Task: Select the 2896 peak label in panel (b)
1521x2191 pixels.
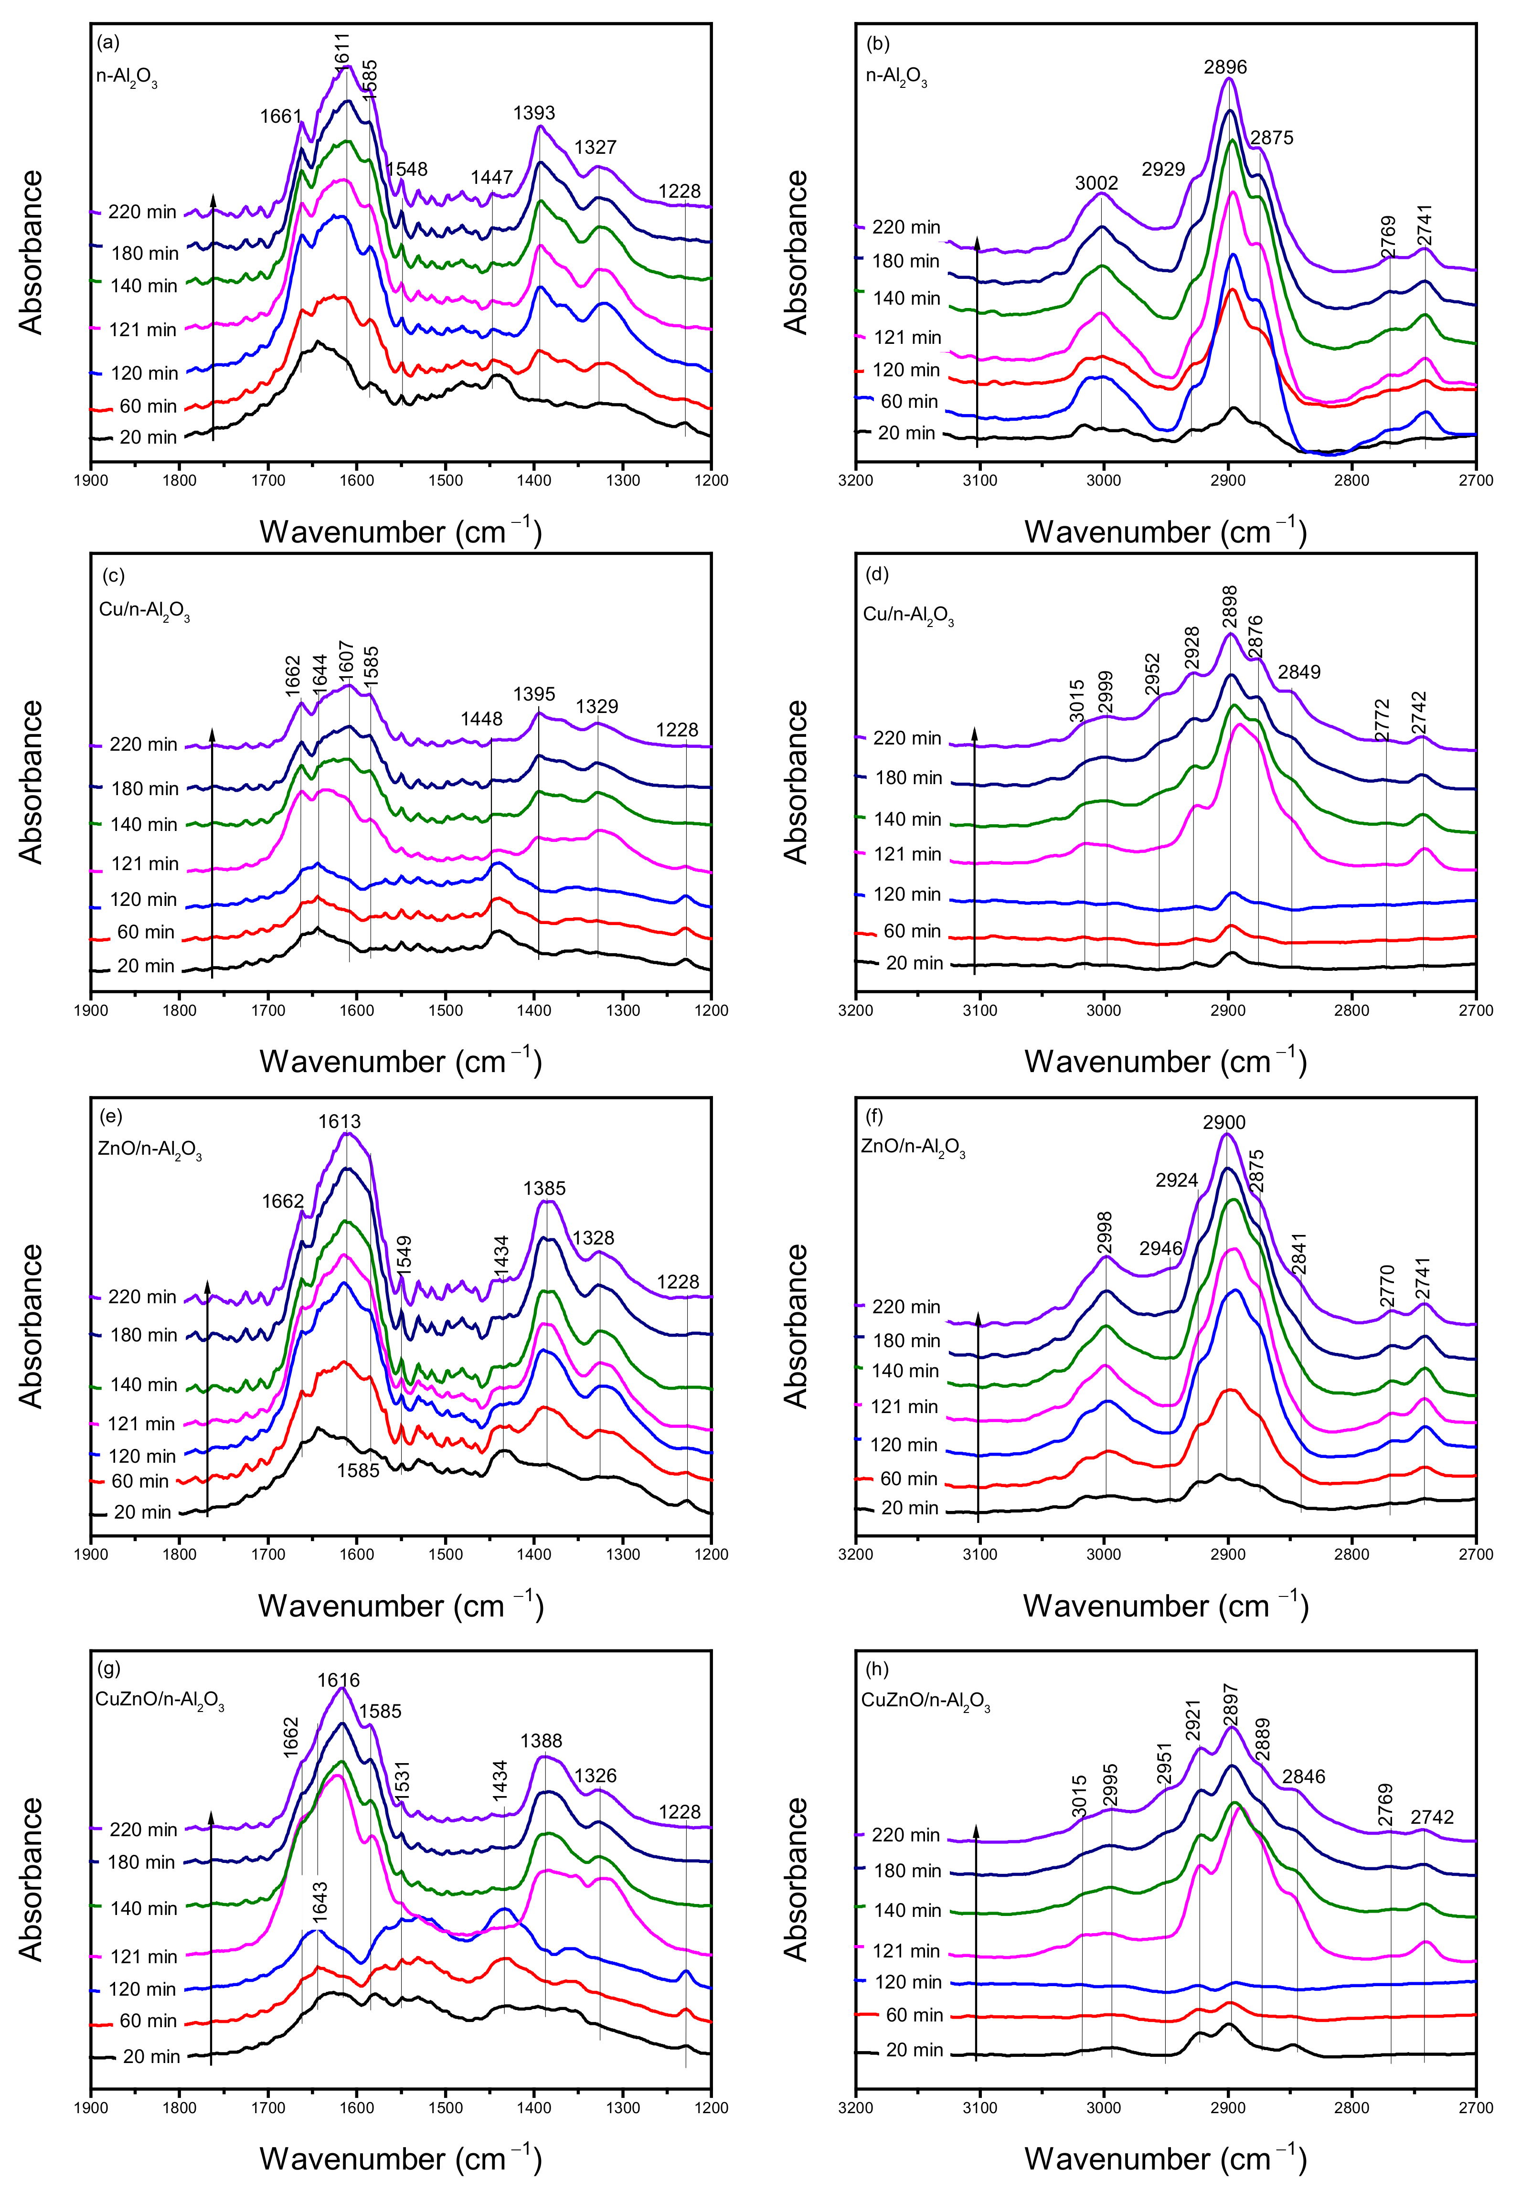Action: pyautogui.click(x=1224, y=67)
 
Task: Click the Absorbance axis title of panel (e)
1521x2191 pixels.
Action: pyautogui.click(x=32, y=1326)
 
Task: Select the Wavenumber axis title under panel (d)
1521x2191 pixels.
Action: pyautogui.click(x=1165, y=1062)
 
